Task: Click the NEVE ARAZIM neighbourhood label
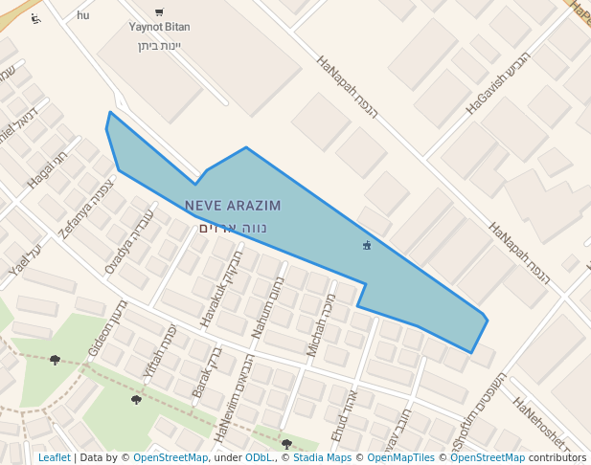point(233,206)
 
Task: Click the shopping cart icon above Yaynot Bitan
point(159,11)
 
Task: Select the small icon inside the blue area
point(367,246)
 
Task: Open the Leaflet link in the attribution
point(54,458)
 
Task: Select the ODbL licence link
point(259,458)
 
